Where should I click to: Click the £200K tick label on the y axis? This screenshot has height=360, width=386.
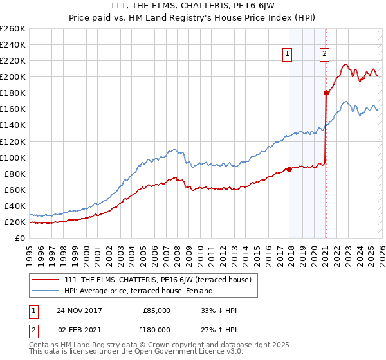coord(12,76)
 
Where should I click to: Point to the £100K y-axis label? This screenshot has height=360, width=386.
coord(12,157)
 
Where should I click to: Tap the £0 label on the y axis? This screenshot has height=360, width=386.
coord(19,238)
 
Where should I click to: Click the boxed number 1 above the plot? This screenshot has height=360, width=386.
coord(286,55)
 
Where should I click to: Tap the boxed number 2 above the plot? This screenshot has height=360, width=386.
coord(324,55)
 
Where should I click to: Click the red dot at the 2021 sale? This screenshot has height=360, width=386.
coord(326,93)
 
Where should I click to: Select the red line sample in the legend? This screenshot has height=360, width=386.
coord(46,280)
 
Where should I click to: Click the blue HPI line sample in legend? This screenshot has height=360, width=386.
coord(46,291)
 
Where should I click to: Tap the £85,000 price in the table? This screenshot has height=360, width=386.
coord(156,310)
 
